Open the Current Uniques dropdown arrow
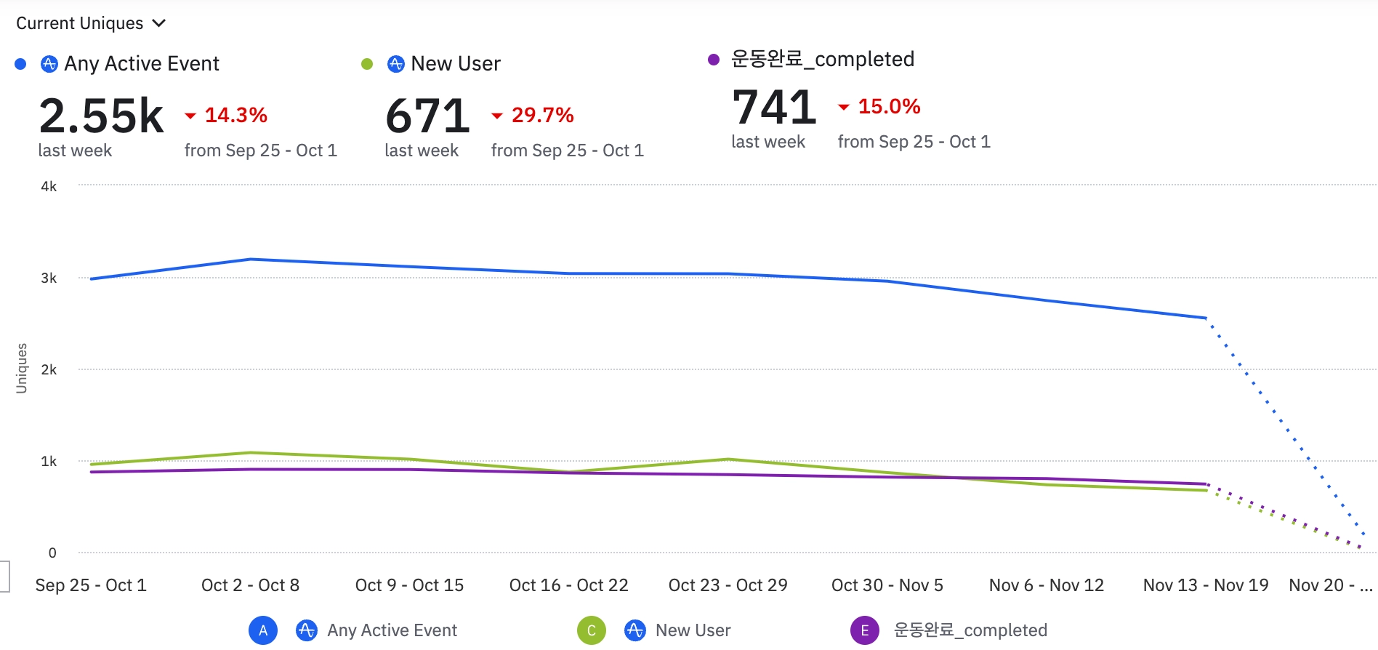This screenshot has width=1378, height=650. [159, 23]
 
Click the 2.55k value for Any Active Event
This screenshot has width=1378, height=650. [101, 116]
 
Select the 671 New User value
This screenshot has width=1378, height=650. [427, 116]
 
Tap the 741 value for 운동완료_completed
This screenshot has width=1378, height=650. [774, 108]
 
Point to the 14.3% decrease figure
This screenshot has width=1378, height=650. [235, 115]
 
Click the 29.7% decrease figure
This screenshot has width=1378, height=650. [542, 115]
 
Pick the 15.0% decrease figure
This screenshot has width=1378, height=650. [889, 106]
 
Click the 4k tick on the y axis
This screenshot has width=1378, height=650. [49, 187]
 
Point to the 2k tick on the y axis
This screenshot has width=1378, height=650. [49, 370]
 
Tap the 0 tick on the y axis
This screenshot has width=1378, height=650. [52, 553]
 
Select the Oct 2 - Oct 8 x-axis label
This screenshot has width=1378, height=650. [250, 585]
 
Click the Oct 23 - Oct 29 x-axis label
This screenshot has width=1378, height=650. [728, 585]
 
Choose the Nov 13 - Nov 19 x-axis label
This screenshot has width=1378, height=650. [1205, 585]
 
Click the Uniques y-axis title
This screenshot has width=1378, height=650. [22, 368]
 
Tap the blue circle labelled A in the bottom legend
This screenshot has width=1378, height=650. [263, 630]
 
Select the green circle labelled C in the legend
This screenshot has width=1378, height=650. [592, 630]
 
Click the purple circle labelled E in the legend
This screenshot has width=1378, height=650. [864, 630]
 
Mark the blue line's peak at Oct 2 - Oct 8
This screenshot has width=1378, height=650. [250, 259]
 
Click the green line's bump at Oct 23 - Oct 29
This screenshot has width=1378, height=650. [728, 460]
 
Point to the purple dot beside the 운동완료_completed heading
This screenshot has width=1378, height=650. [714, 60]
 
